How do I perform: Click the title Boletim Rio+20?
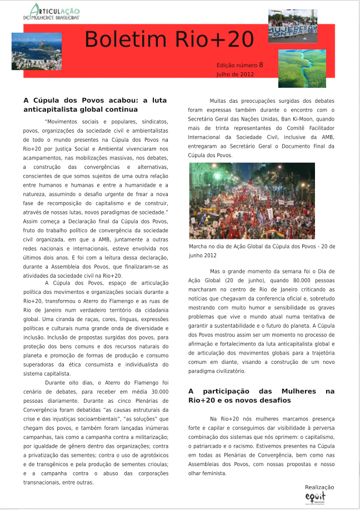169,39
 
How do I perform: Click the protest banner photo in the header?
293,26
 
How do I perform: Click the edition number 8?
261,64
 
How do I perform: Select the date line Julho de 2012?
235,74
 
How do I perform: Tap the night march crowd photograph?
252,201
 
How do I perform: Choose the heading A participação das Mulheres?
261,396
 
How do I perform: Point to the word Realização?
319,487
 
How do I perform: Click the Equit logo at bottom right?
315,497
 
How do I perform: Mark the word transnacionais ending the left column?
47,482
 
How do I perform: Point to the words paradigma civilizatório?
217,371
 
